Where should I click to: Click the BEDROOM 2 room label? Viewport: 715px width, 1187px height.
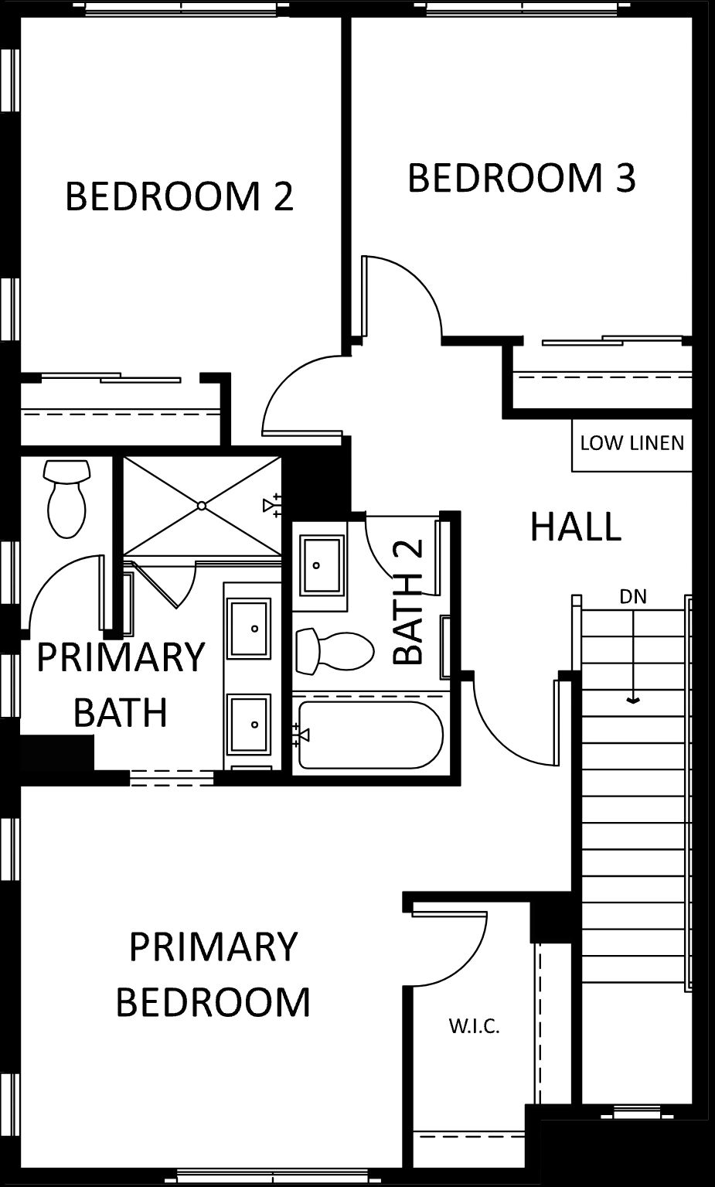tap(179, 196)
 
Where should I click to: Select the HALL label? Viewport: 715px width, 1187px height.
tap(576, 527)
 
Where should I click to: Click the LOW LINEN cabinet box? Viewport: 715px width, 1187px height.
tap(632, 445)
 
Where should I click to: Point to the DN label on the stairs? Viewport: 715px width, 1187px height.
tap(633, 597)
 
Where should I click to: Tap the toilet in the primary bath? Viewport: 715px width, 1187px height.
tap(66, 499)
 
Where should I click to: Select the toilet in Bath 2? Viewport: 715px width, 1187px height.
tap(335, 651)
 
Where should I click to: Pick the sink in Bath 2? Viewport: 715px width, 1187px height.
tap(320, 565)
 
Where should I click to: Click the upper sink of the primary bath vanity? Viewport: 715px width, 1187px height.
tap(250, 629)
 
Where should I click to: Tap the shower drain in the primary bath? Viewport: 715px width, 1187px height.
tap(202, 506)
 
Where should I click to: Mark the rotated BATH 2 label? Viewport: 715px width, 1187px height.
tap(408, 602)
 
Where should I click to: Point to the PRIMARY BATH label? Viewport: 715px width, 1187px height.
tap(121, 684)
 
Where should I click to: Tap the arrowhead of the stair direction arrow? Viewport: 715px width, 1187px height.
tap(633, 701)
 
